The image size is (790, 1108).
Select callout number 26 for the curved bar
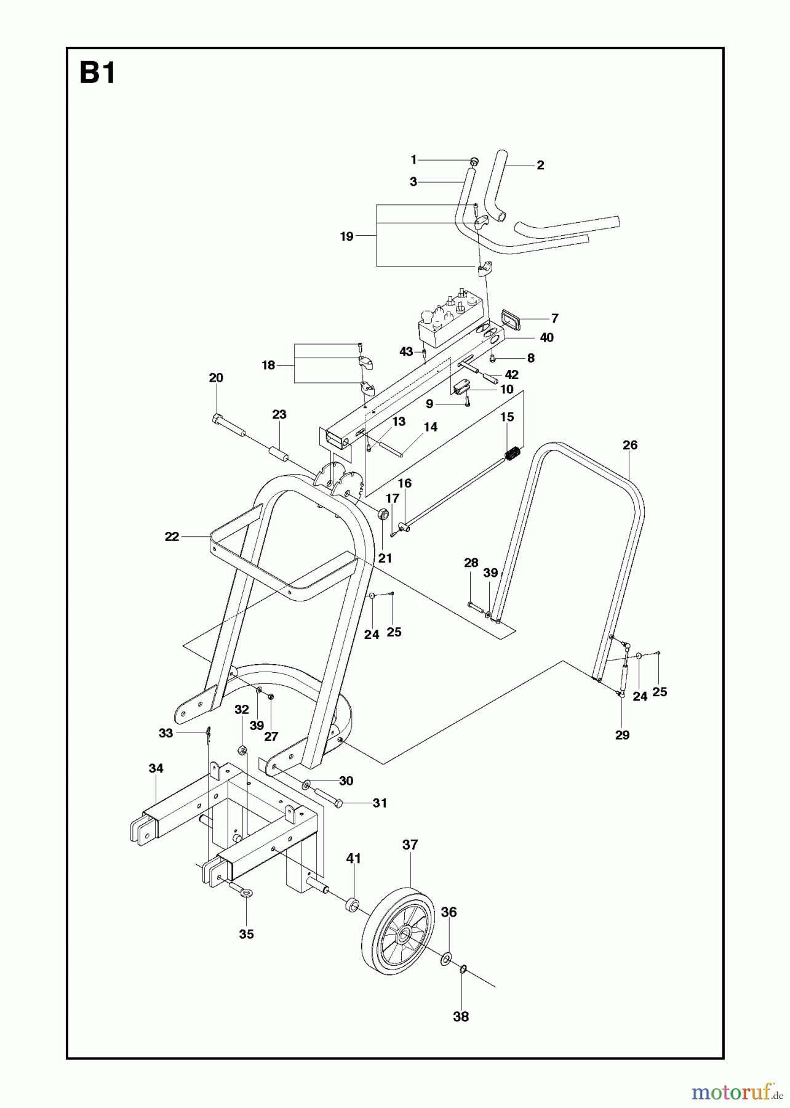[x=630, y=444]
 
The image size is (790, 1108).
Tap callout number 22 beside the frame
[x=172, y=537]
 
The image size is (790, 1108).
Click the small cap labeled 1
[x=474, y=161]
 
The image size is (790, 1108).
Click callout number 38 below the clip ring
[x=461, y=1017]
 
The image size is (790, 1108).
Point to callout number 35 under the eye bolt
[x=246, y=934]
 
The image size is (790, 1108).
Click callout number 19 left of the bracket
[x=346, y=236]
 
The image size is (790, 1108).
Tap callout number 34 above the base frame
[x=156, y=768]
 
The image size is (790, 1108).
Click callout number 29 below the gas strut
[x=622, y=734]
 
